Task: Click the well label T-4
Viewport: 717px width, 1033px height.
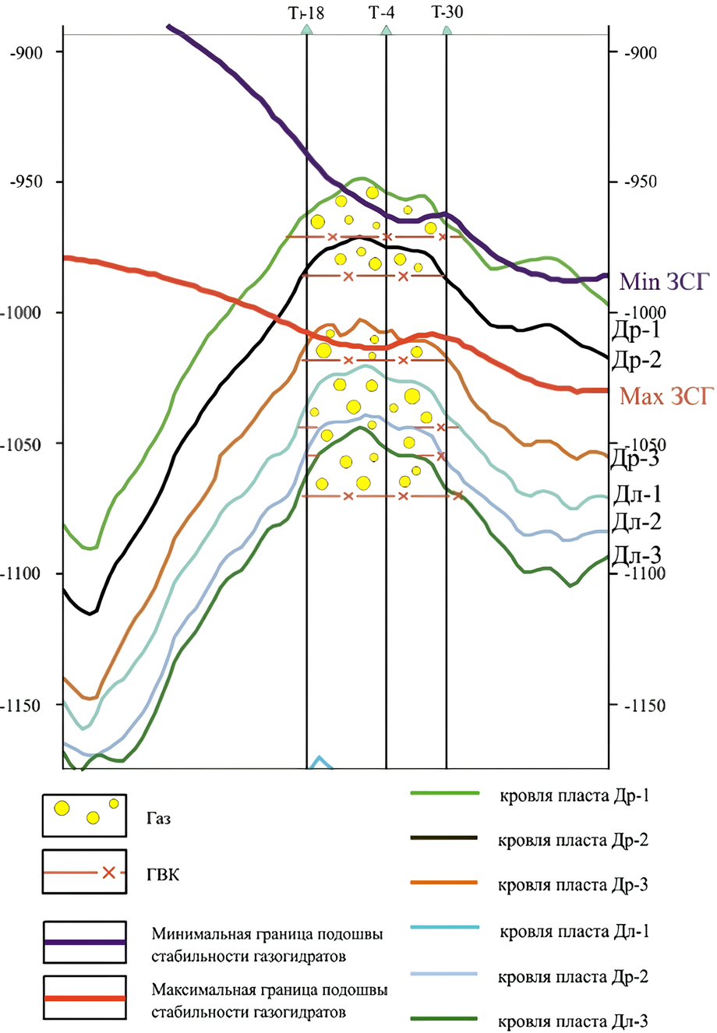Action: tap(382, 12)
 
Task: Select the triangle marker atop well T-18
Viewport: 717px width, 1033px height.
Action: tap(307, 30)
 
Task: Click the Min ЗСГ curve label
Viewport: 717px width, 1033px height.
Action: tap(665, 281)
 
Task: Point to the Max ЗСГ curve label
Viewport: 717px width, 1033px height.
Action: tap(666, 397)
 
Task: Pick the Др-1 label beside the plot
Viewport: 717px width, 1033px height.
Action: tap(636, 330)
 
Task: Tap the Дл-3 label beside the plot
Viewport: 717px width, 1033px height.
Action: tap(636, 555)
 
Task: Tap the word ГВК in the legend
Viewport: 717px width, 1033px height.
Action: tap(163, 875)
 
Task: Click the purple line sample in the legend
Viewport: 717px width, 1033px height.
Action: tap(85, 942)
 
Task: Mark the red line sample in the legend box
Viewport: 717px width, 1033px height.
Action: tap(85, 998)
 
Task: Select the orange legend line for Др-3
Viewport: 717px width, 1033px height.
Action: tap(443, 883)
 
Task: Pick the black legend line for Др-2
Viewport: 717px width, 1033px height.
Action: tap(443, 838)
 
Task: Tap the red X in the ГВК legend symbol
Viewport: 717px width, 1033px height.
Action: tap(109, 873)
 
